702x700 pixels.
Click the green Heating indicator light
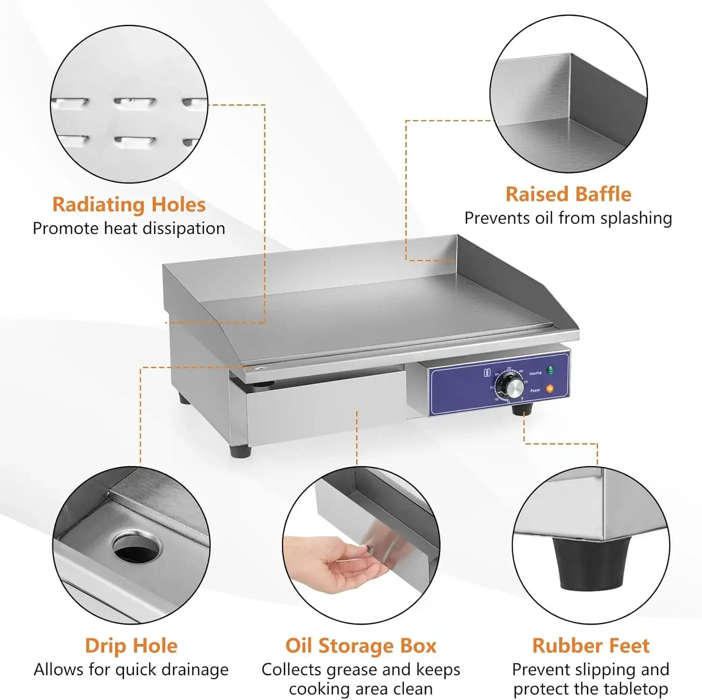point(550,370)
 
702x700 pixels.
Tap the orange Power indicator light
point(550,388)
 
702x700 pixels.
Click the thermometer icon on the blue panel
point(486,373)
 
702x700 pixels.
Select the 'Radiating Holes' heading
point(129,204)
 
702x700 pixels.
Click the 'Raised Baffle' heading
point(568,194)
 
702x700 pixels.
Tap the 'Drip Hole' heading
point(131,646)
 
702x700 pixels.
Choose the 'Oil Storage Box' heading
point(361,646)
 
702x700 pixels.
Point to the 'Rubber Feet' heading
point(591,646)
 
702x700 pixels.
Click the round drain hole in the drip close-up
point(136,548)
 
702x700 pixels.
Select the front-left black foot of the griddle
point(240,451)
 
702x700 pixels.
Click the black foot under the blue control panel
point(522,409)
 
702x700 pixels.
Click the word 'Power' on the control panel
point(535,390)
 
